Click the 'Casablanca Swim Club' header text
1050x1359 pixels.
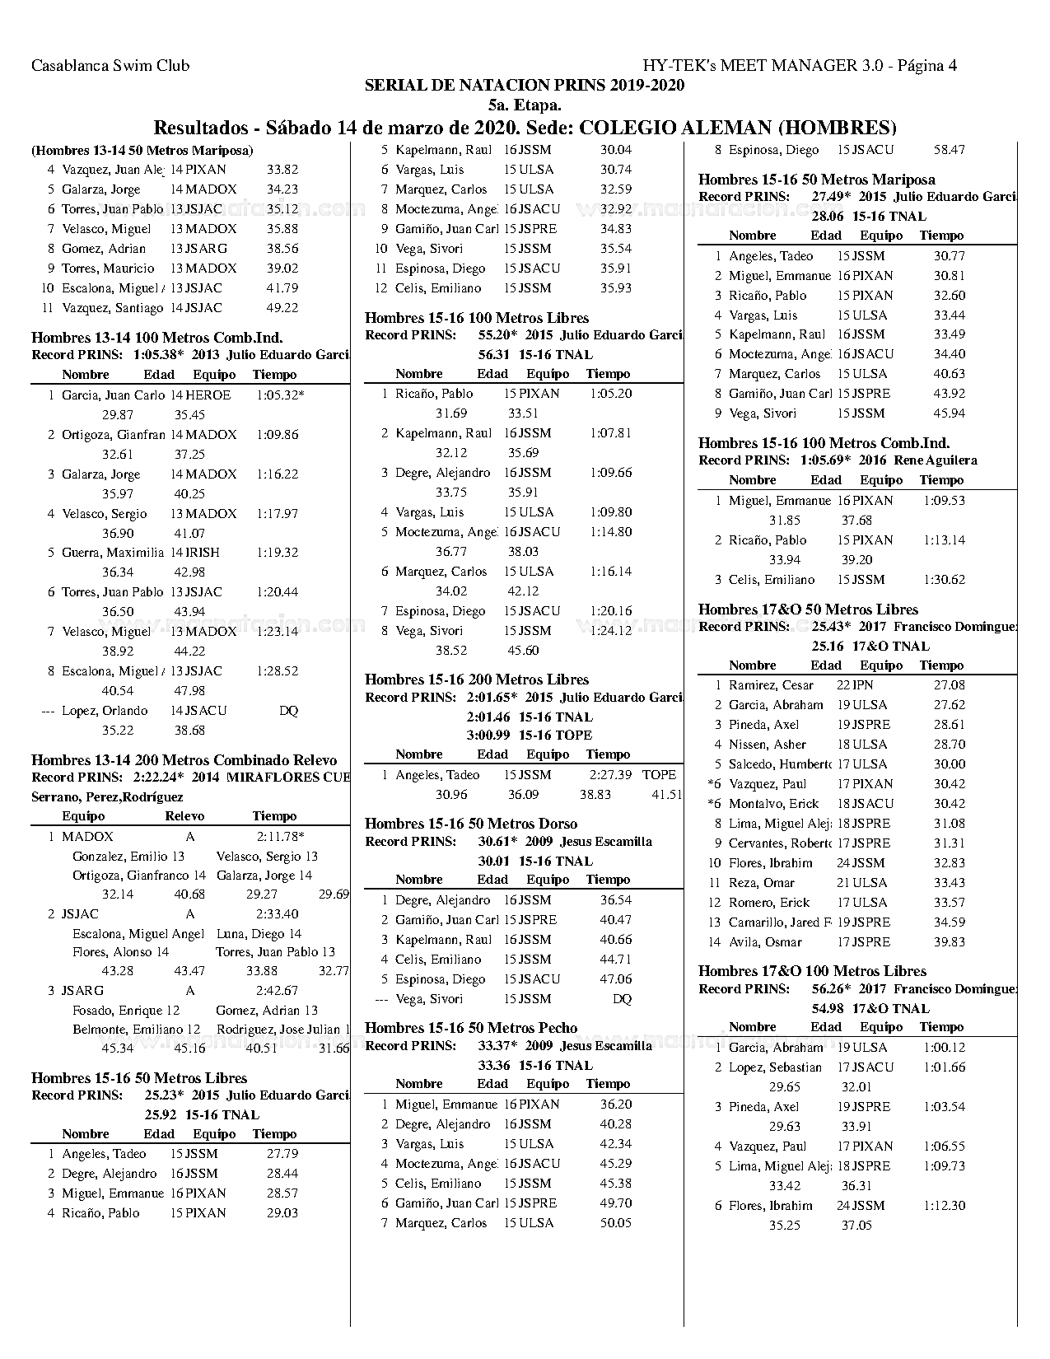(x=110, y=66)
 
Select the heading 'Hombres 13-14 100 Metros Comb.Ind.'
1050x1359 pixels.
(x=157, y=338)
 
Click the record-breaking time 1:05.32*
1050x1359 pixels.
(x=280, y=395)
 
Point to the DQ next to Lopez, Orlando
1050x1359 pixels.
(x=288, y=711)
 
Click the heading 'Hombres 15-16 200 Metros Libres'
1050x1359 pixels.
(x=477, y=679)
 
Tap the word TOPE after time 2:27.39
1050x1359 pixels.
(x=659, y=775)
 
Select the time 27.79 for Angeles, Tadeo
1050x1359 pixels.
(x=282, y=1154)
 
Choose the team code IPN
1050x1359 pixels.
(x=863, y=685)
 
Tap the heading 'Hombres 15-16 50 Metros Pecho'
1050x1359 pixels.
(x=471, y=1028)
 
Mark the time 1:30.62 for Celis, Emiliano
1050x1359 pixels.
(x=944, y=580)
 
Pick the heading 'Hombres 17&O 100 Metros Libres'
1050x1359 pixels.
(x=812, y=971)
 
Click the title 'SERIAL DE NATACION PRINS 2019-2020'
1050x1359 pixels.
(x=524, y=86)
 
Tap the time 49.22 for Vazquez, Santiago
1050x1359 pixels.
(x=282, y=308)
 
